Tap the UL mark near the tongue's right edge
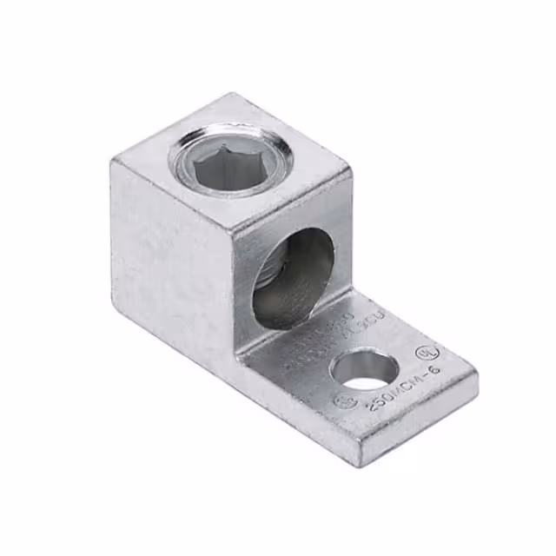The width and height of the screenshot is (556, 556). click(x=427, y=354)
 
